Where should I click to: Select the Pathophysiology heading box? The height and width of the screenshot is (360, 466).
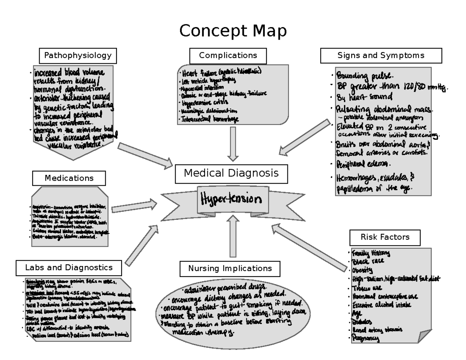click(78, 56)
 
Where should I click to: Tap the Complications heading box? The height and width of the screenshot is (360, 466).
click(228, 56)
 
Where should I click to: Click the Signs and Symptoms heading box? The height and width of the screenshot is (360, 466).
click(381, 56)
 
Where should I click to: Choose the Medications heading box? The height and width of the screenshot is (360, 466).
click(69, 178)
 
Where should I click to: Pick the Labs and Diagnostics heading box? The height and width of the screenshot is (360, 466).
click(69, 268)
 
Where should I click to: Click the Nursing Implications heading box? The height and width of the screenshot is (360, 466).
click(230, 268)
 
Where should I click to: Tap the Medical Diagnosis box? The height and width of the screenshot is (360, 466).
click(231, 173)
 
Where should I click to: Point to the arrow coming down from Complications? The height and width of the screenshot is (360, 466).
click(233, 144)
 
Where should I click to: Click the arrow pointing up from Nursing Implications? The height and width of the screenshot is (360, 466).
click(233, 236)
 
